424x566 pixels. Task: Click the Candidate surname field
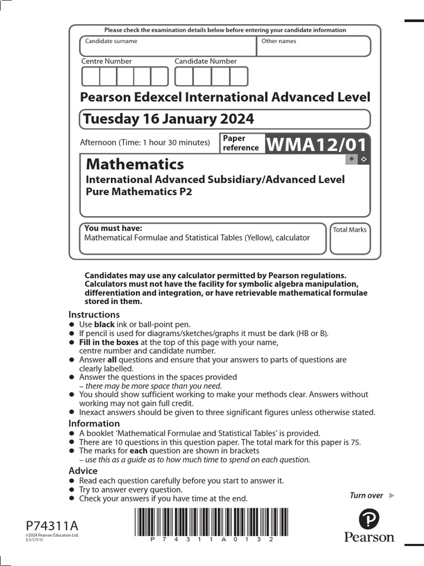[169, 46]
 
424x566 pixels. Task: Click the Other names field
[314, 46]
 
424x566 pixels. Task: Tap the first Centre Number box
[91, 76]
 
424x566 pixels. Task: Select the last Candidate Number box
[239, 76]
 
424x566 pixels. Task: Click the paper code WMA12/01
[316, 144]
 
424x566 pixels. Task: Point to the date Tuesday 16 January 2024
[168, 119]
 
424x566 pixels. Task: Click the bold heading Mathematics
[135, 164]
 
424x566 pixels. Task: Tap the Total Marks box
[349, 239]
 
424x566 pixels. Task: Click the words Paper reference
[241, 143]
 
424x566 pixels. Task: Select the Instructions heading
[94, 315]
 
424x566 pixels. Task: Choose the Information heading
[94, 423]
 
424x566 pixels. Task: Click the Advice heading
[83, 470]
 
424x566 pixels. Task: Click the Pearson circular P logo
[369, 520]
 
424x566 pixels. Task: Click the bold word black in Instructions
[104, 324]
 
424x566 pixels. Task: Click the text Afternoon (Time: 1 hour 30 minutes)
[145, 143]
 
